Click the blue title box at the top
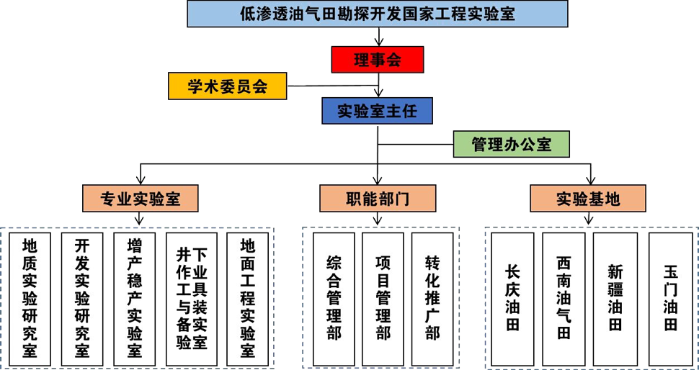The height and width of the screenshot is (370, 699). click(x=378, y=14)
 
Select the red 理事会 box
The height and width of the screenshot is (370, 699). click(x=378, y=60)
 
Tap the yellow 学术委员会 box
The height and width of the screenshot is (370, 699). click(x=227, y=86)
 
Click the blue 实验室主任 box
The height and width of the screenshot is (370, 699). click(x=378, y=112)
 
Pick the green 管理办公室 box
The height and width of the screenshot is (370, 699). click(x=511, y=144)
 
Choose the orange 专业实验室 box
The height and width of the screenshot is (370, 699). click(x=140, y=199)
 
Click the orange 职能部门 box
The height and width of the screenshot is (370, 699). click(x=378, y=199)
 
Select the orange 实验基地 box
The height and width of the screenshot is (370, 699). click(x=587, y=199)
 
